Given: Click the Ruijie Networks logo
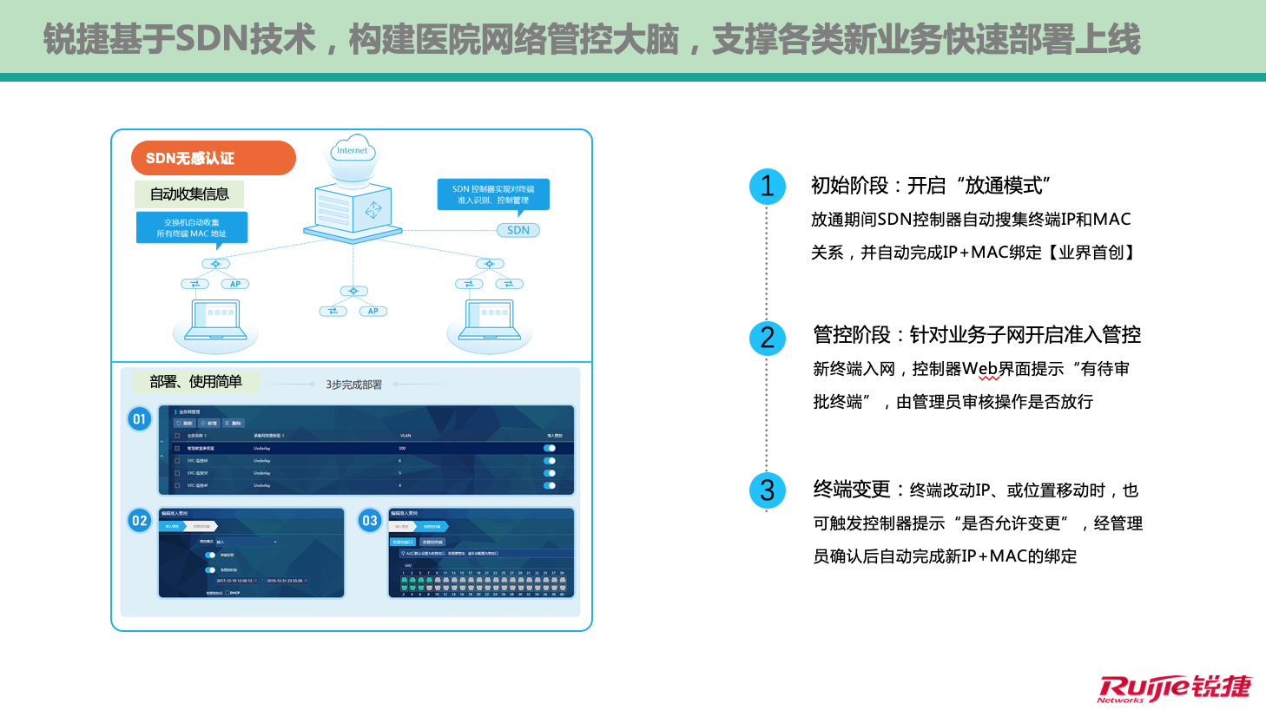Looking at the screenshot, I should (1174, 687).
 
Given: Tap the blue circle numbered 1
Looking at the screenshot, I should (768, 186).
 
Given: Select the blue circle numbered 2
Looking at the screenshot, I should (768, 337).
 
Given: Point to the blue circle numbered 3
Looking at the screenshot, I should (768, 490).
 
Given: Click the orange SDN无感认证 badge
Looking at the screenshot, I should (213, 158).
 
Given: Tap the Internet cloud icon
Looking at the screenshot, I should (353, 150).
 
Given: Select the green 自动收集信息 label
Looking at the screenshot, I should (189, 194).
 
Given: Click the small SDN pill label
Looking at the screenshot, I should (518, 230).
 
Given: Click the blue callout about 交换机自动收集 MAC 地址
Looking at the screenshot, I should (192, 227).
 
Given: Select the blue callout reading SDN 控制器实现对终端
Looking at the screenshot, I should (493, 194).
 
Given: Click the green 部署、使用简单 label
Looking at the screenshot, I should (195, 382).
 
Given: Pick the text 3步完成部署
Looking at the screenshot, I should (353, 385).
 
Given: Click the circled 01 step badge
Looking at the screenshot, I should (139, 419).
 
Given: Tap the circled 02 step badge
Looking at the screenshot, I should (139, 521).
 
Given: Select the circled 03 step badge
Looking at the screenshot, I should (370, 521).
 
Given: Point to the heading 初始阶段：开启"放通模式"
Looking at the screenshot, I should (930, 186).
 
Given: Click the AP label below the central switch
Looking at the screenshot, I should (373, 311).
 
